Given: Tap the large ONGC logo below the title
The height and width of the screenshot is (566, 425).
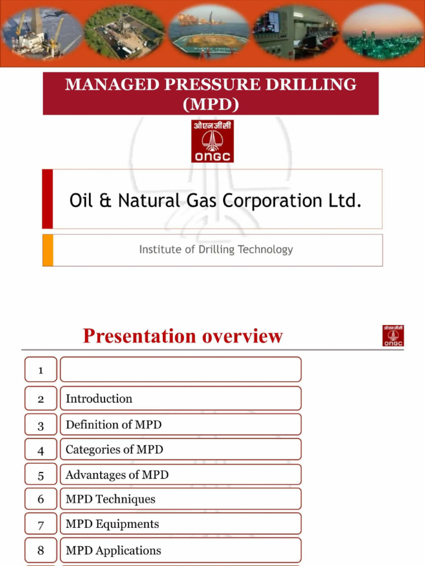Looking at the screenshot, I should point(212,141).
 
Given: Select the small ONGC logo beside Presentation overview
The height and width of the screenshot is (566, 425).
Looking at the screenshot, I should point(393,336).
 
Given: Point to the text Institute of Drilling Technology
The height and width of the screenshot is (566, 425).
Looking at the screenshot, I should point(216,249).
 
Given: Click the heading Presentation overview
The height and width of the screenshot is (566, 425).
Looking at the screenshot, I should point(183,336).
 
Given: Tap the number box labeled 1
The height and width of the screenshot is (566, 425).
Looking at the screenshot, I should point(40,370).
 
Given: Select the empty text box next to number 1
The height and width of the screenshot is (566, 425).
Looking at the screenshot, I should point(180,370).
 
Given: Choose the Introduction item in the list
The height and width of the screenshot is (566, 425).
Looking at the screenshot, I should point(99,399).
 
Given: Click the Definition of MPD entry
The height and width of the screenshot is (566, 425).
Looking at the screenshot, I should point(113,424).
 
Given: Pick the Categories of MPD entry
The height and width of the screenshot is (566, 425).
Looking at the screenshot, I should point(114,449).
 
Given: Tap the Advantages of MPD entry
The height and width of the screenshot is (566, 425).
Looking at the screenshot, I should point(117,475).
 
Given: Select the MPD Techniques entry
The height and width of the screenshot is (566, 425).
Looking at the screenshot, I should point(110,499).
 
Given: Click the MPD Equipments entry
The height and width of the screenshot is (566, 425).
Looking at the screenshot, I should point(112,524).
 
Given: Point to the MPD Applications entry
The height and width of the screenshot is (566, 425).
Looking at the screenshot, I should point(113,551).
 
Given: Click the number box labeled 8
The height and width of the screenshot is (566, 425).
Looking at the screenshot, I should point(40,551).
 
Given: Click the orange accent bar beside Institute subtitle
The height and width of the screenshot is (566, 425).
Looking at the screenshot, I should point(48,250).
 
